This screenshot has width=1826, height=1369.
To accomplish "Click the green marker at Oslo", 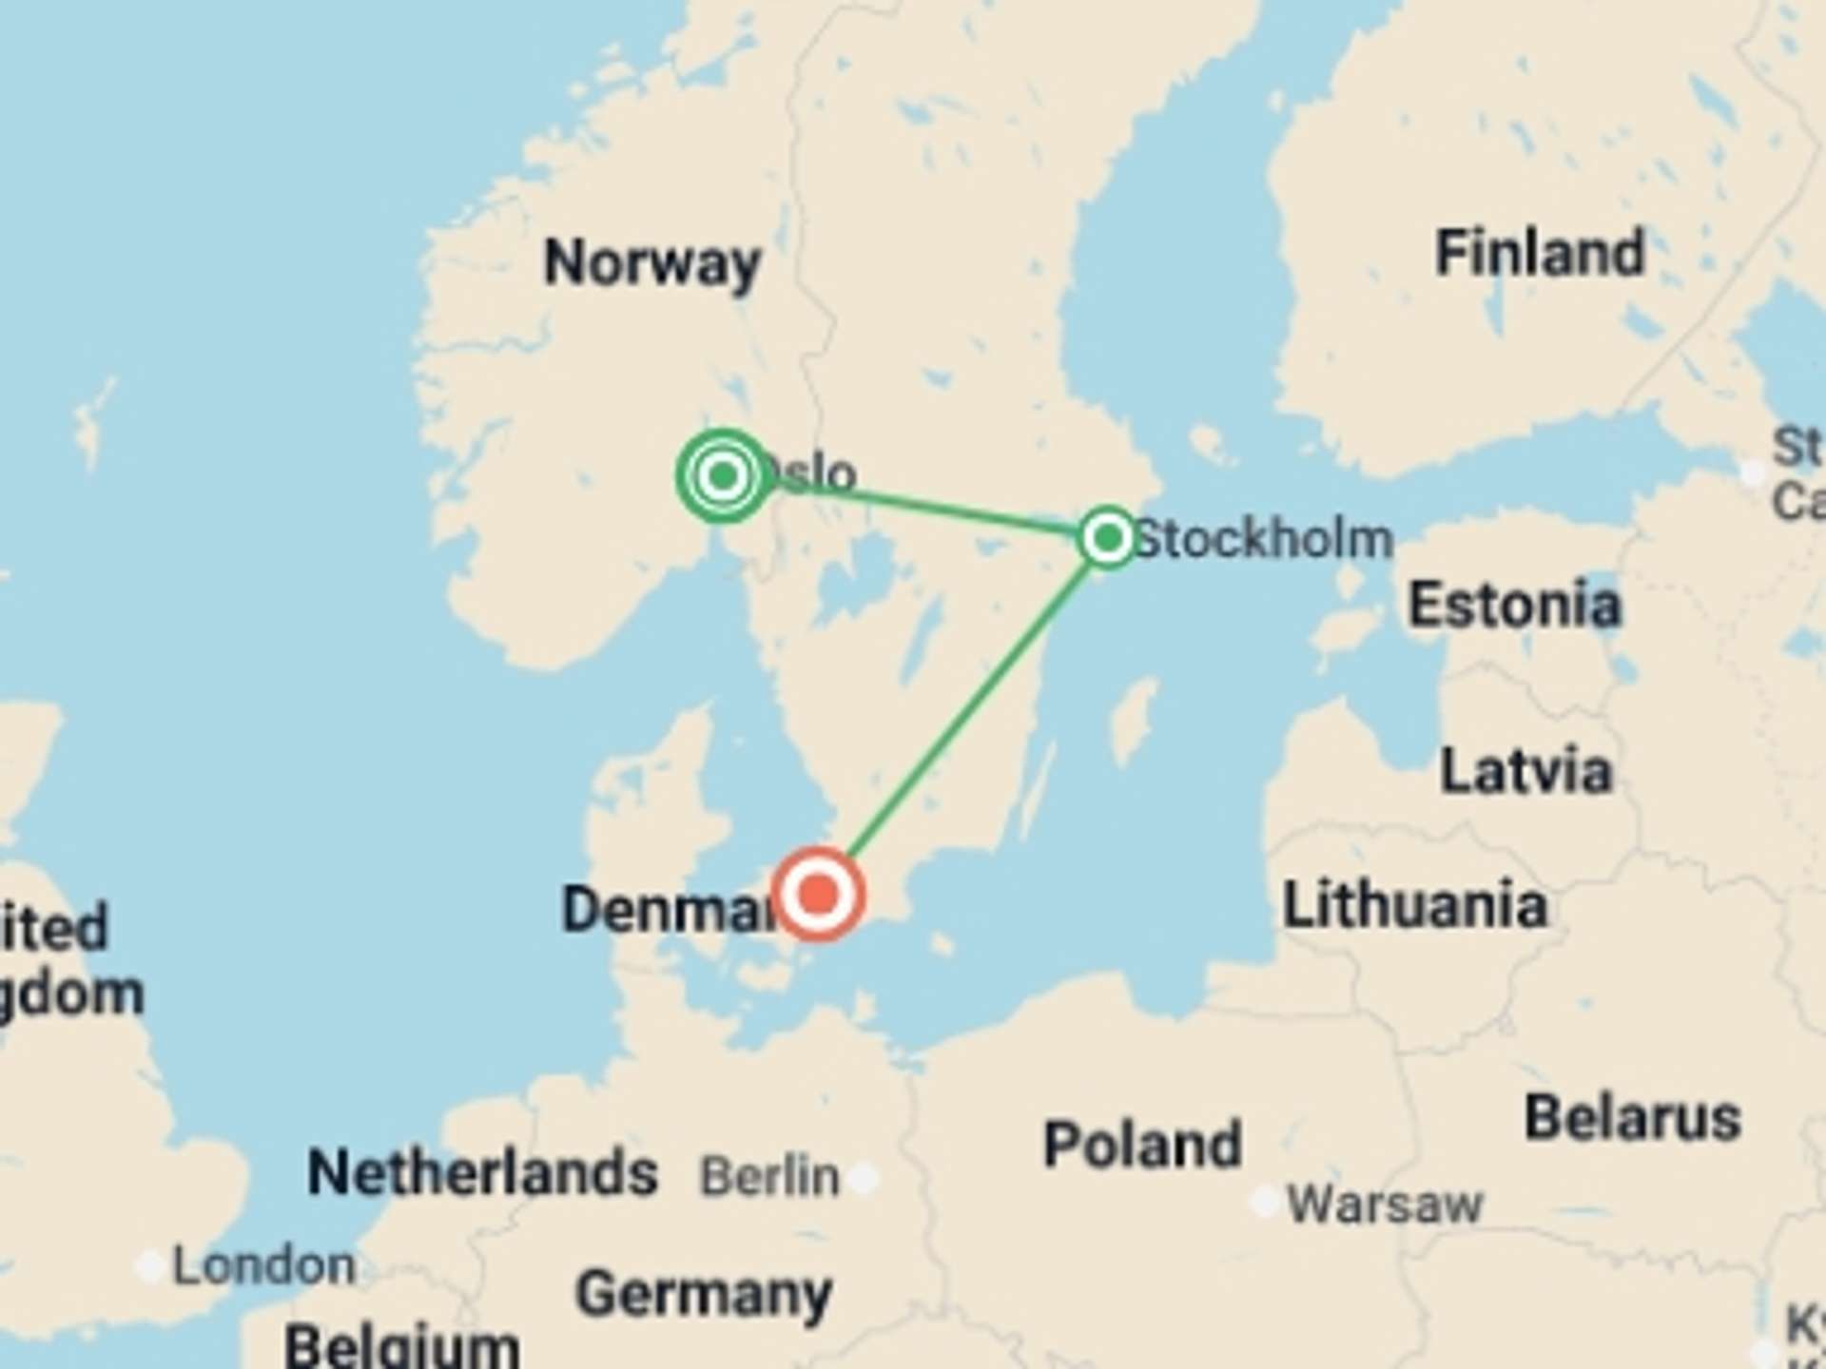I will click(724, 474).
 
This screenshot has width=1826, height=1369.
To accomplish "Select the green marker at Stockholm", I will click(1107, 538).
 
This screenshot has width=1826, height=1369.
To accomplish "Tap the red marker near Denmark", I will click(818, 894).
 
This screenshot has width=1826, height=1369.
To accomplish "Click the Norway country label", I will click(652, 262).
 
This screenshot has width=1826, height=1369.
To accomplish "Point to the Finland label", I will click(1540, 253).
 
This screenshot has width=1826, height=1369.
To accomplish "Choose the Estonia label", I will click(1514, 605).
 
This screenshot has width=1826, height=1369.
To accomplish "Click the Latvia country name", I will click(1525, 770).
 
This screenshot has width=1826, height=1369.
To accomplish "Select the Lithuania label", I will click(1414, 905).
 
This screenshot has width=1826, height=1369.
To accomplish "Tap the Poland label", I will click(1142, 1144).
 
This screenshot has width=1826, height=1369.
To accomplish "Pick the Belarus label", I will click(1632, 1117).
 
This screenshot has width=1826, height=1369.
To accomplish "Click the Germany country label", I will click(704, 1294).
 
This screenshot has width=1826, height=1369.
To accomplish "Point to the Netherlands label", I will click(482, 1172).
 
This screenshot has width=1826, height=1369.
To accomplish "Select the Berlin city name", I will click(769, 1177).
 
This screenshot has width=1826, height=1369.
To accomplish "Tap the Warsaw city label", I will click(1385, 1205).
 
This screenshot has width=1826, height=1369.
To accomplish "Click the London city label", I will click(263, 1265).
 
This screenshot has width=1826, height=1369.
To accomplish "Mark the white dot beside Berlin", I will click(864, 1179).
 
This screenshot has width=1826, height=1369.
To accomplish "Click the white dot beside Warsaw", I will click(1265, 1202).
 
